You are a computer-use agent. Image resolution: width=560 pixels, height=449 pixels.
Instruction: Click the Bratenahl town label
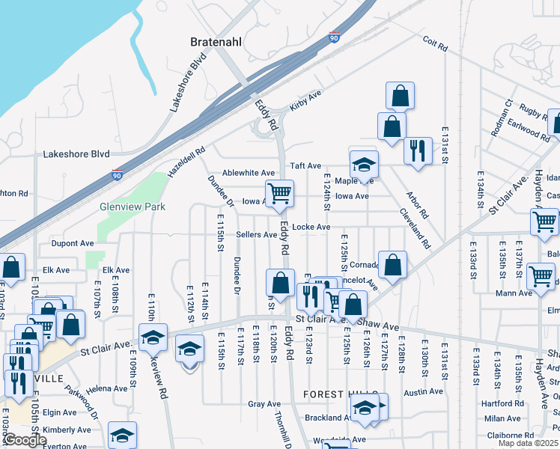click(216, 42)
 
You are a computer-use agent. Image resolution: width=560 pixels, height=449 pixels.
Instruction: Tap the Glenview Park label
click(132, 207)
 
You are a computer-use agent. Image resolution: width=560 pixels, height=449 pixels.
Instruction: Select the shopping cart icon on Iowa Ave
click(279, 193)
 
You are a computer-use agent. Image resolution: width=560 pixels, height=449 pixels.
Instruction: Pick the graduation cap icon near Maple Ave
click(364, 164)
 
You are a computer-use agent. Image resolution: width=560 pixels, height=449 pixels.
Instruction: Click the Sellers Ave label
click(257, 234)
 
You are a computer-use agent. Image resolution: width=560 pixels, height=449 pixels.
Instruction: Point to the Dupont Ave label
click(73, 243)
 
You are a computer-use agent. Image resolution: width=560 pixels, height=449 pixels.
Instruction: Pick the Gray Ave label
click(264, 404)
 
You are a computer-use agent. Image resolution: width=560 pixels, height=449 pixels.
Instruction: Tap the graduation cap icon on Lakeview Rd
click(153, 337)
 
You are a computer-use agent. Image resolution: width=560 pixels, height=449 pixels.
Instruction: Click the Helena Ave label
click(106, 389)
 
